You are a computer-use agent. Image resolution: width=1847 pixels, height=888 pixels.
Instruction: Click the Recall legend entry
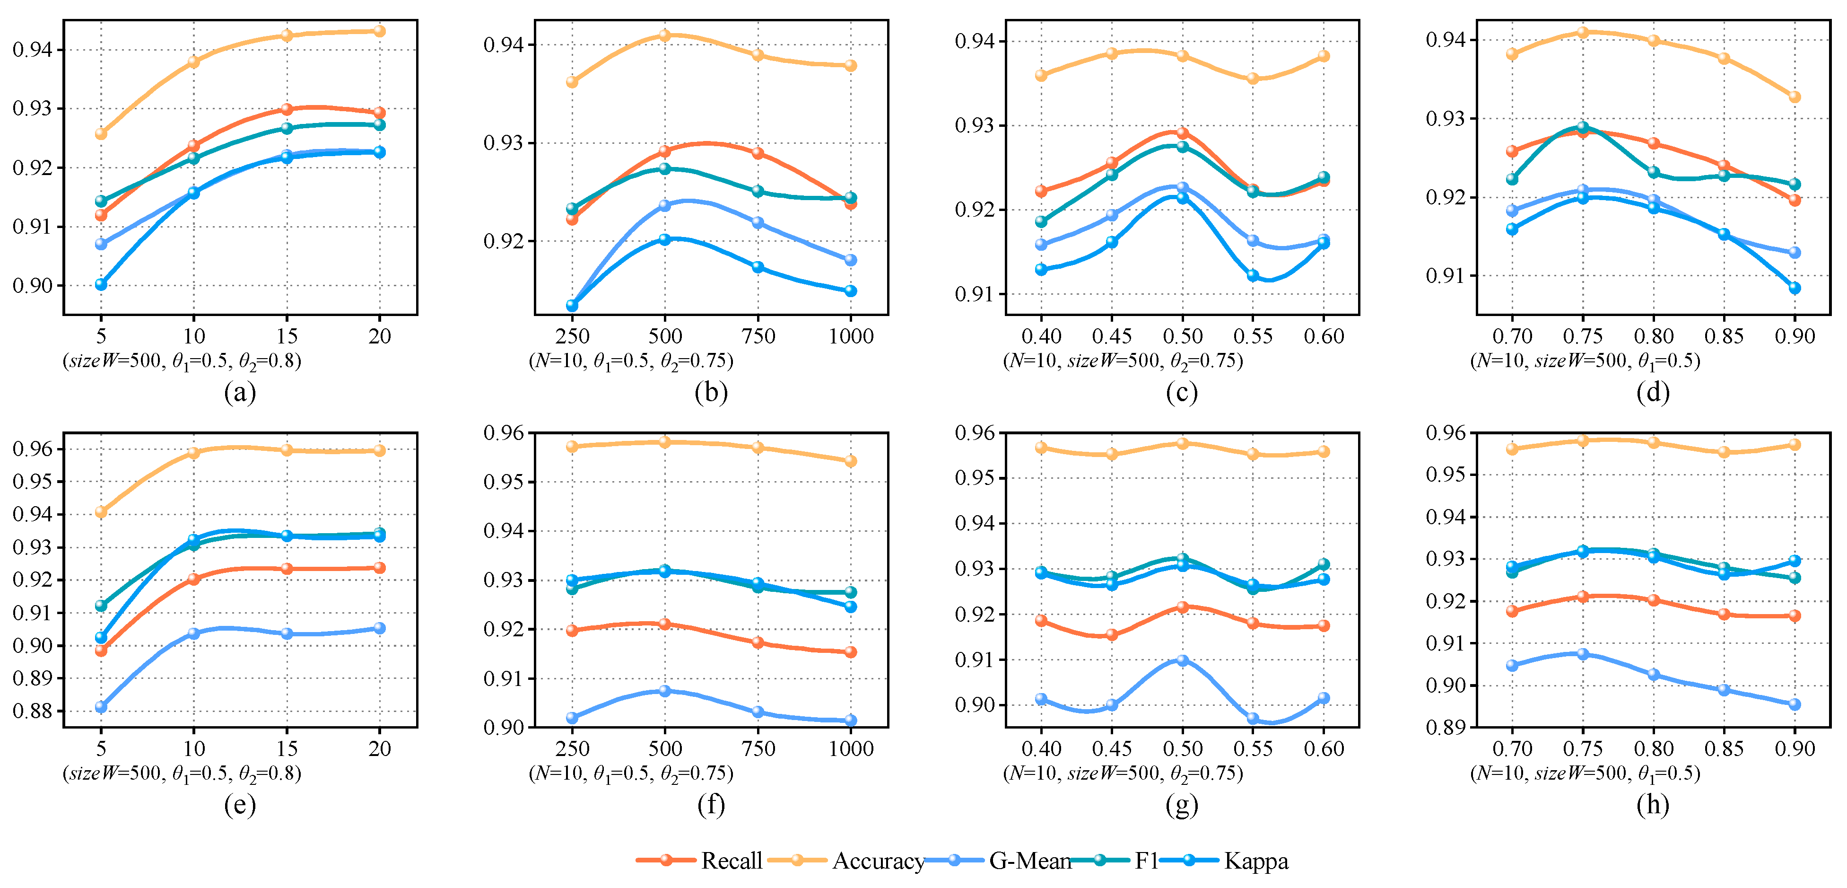[x=731, y=861]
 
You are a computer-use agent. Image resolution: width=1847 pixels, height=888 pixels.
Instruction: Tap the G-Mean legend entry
[x=1029, y=861]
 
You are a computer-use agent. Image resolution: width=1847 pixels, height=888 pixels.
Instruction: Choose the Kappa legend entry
[x=1255, y=861]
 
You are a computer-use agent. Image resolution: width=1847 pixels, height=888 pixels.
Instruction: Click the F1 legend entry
[x=1146, y=861]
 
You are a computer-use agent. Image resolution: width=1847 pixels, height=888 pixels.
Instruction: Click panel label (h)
[x=1653, y=805]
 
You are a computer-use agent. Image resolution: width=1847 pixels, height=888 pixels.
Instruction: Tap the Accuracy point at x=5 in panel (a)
[x=101, y=133]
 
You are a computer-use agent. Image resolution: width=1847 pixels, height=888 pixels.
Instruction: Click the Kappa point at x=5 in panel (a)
[x=101, y=285]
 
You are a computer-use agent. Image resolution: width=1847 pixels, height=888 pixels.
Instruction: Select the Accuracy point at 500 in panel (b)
[x=665, y=35]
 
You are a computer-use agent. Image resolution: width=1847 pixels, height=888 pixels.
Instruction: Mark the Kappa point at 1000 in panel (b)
[x=850, y=290]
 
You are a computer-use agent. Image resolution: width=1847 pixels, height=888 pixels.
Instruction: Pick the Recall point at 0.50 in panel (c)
[x=1182, y=133]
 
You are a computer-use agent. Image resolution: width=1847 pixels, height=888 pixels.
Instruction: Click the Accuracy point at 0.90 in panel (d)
[x=1795, y=97]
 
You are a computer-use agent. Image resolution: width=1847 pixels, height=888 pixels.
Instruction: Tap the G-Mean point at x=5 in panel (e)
[x=101, y=706]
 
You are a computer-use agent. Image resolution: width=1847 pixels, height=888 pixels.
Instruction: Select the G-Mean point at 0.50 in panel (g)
[x=1182, y=660]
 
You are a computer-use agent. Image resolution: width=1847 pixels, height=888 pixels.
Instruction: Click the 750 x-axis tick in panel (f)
[x=758, y=749]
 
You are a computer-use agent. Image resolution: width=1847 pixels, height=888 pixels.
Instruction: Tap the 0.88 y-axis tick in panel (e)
[x=32, y=712]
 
